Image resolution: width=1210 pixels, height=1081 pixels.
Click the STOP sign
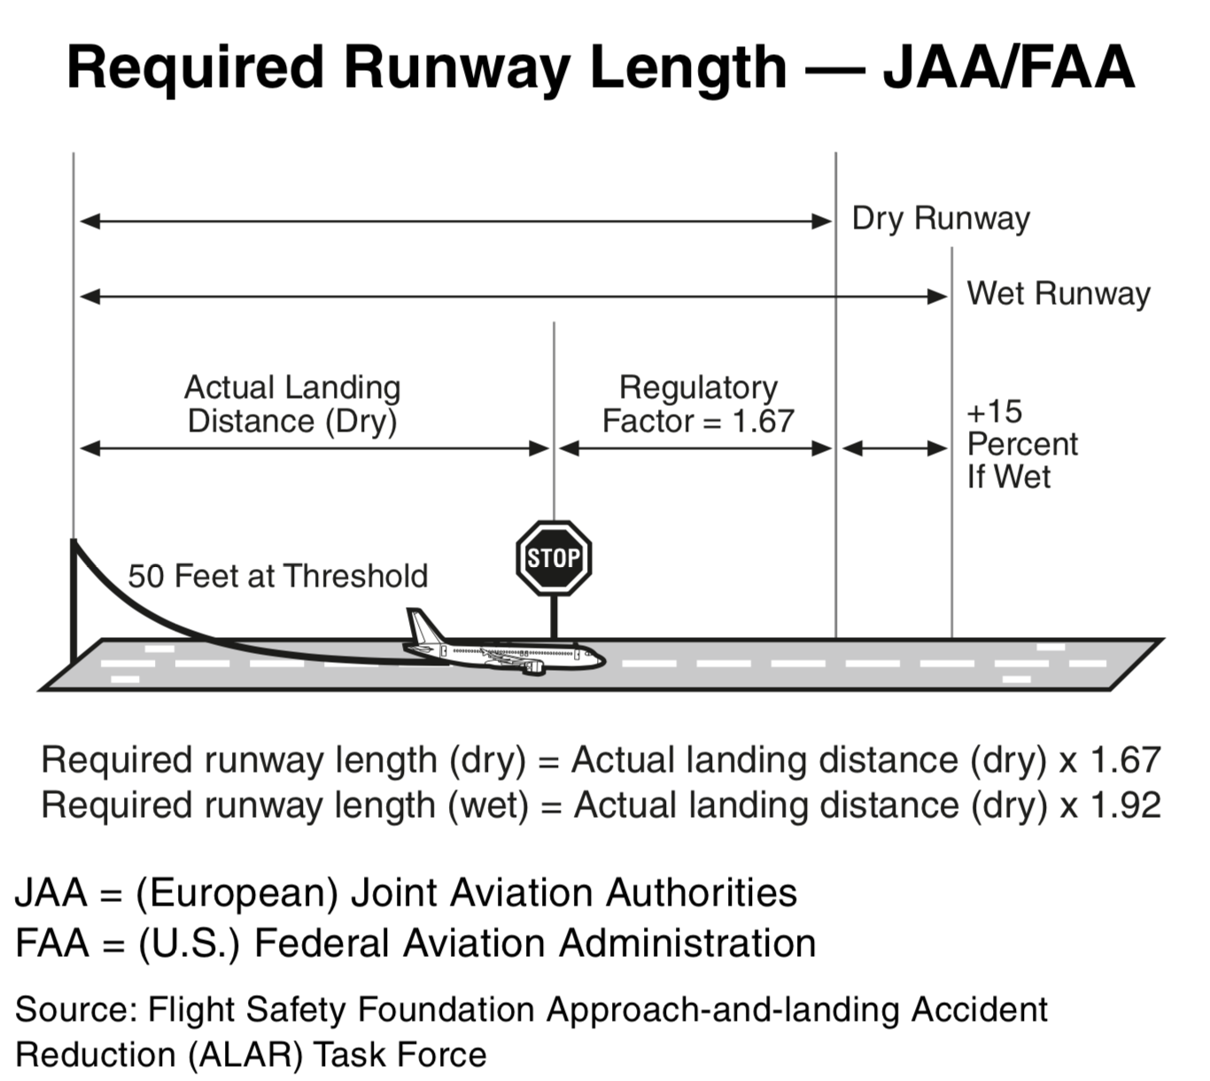pos(554,557)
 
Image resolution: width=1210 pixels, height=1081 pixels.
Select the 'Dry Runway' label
pos(941,218)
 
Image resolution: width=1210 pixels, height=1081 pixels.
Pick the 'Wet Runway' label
pos(1059,293)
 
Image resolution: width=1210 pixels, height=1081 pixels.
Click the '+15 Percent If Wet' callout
pos(1022,444)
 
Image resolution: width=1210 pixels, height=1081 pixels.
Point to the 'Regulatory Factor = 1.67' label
pos(698,404)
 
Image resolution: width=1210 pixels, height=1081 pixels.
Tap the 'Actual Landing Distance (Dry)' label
pos(292,405)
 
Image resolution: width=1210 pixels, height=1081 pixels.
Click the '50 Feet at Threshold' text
pos(278,576)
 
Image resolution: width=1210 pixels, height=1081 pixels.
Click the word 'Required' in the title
pos(195,69)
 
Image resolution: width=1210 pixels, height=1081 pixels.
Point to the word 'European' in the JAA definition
pos(237,893)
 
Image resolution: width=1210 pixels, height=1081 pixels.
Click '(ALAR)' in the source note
pos(245,1054)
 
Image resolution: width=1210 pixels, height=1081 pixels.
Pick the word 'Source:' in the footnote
pos(76,1009)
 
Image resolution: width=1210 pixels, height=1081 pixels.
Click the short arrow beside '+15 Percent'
pos(894,448)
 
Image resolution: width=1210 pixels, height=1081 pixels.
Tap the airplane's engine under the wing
pos(534,667)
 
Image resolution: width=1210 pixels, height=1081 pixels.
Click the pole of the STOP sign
pos(554,617)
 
